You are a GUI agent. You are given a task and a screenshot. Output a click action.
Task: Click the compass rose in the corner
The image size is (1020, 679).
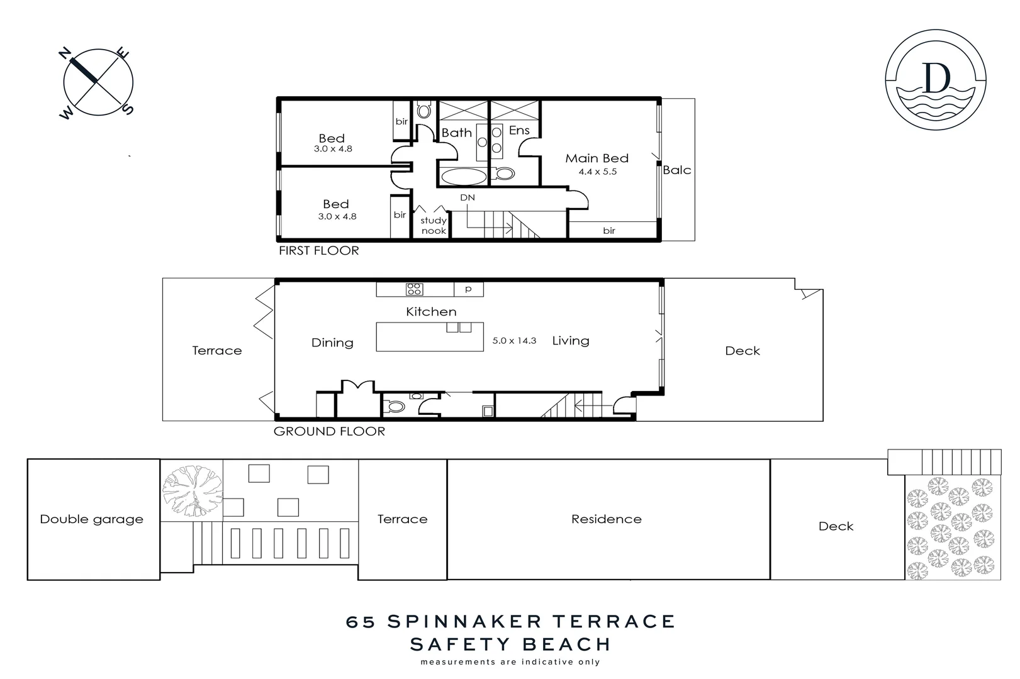click(98, 82)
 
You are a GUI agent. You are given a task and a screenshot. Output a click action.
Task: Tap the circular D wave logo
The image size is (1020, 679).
click(935, 79)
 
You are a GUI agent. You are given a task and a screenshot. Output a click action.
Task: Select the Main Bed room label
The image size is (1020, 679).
click(597, 158)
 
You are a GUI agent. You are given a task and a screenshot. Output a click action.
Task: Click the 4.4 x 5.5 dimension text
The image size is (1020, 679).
click(597, 172)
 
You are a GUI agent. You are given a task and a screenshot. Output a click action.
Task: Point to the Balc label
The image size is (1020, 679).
click(677, 170)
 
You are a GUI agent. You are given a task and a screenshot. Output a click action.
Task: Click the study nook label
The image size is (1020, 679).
click(434, 226)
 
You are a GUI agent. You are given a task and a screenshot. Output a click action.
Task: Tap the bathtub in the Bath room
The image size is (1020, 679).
click(463, 176)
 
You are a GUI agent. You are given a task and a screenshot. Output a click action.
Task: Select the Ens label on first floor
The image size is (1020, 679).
click(519, 131)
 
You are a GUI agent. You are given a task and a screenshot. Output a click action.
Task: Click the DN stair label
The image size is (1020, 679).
click(467, 197)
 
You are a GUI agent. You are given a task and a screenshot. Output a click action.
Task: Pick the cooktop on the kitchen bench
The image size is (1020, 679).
click(414, 289)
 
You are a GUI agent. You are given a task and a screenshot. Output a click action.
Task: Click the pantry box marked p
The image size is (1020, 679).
click(468, 289)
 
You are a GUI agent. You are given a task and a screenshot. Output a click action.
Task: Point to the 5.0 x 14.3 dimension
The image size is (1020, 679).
click(514, 341)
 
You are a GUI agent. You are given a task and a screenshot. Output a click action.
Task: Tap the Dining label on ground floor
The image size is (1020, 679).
click(332, 343)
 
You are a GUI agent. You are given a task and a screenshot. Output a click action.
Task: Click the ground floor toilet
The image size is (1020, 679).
click(395, 407)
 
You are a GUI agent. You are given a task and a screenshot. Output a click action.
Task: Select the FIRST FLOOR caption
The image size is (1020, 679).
click(318, 251)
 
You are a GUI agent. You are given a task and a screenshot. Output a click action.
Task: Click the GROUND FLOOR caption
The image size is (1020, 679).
click(329, 431)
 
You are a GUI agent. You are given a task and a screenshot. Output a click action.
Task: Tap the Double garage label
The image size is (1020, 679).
click(92, 519)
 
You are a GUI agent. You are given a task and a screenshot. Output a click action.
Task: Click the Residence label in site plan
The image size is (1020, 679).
click(607, 519)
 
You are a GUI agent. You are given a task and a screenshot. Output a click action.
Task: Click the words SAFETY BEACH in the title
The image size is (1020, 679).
click(510, 644)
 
